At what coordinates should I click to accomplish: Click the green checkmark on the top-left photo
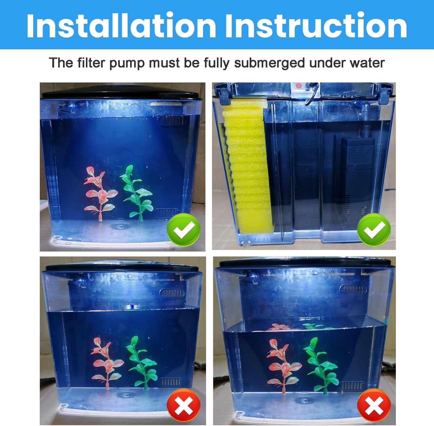tap(184, 230)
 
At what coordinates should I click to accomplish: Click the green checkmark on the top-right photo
tap(374, 230)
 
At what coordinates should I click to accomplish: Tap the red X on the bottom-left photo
tap(184, 405)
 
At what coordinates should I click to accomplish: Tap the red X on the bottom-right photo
tap(374, 405)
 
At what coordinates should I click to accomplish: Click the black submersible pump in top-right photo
tap(357, 171)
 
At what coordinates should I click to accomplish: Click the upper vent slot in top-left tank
tap(171, 121)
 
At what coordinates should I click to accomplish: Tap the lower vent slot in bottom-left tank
tap(171, 382)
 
